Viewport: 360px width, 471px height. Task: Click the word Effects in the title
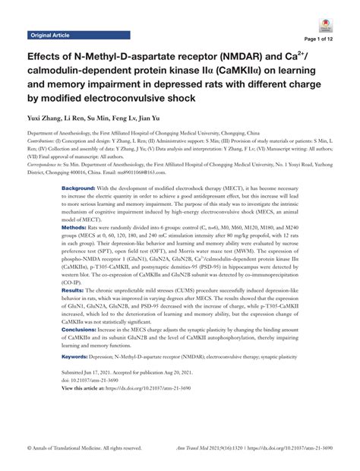[x=47, y=59]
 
